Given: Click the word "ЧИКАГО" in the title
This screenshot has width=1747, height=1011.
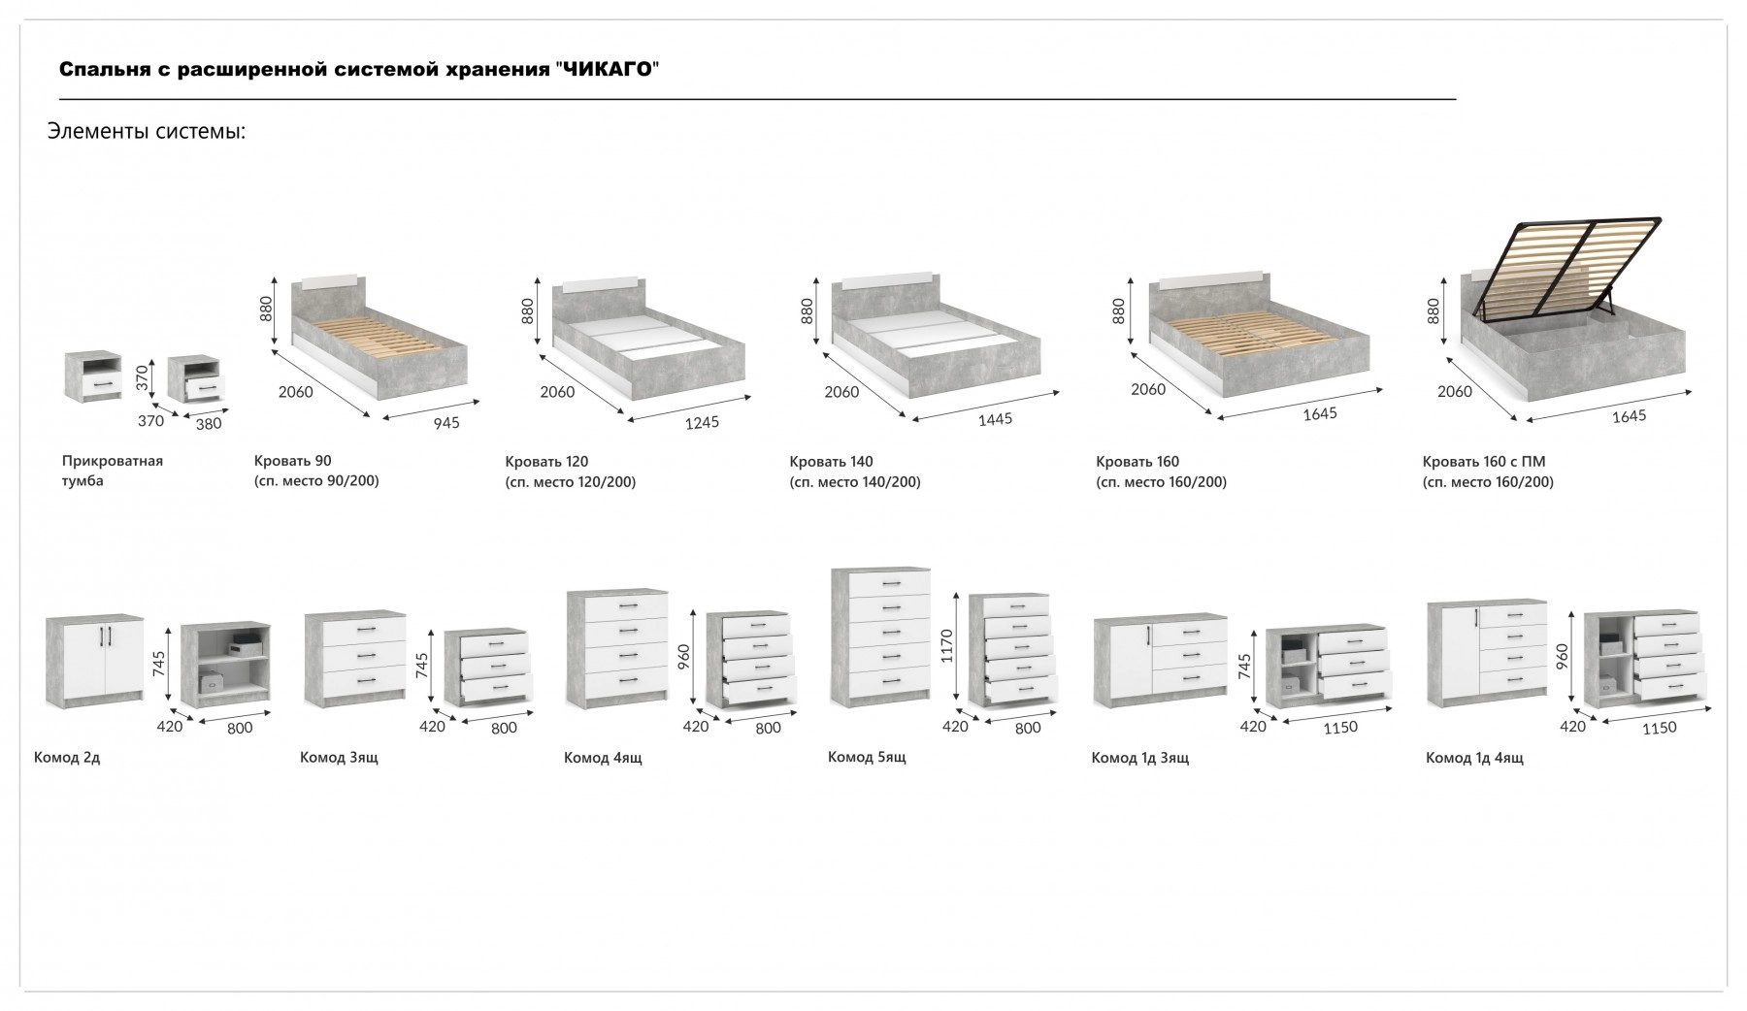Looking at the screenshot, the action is [607, 70].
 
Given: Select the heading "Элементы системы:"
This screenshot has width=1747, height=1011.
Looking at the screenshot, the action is [147, 131].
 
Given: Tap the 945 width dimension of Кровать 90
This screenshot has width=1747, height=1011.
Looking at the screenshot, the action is [446, 423].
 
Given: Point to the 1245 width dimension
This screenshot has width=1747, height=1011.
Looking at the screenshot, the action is [703, 423].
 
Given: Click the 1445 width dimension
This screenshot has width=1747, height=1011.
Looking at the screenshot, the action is [995, 419].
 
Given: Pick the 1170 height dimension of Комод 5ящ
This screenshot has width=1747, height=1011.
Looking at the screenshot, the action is [948, 646].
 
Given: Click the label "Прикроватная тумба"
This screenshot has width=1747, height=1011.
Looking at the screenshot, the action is [112, 471].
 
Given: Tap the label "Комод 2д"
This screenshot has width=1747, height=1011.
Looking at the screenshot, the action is [67, 758].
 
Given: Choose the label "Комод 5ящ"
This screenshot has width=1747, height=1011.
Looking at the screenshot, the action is [867, 757].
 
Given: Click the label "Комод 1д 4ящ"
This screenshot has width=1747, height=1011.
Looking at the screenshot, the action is [1474, 758].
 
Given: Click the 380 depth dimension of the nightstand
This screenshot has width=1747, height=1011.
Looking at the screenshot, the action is [209, 423].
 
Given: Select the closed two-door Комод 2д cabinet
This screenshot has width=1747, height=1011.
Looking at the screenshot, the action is [94, 661].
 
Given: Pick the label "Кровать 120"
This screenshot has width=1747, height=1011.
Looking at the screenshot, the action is [546, 462].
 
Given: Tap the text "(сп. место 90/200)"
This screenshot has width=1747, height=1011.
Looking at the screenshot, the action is [316, 481].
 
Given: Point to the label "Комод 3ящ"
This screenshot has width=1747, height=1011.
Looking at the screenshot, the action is [339, 758].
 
